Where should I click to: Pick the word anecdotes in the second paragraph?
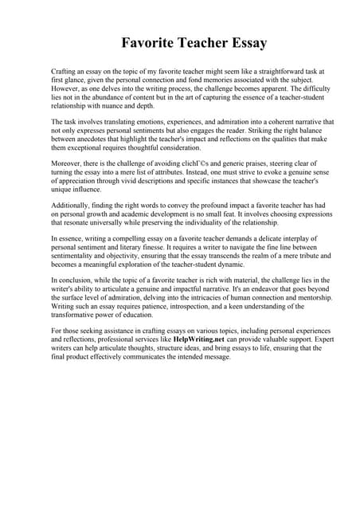[x=93, y=139]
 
